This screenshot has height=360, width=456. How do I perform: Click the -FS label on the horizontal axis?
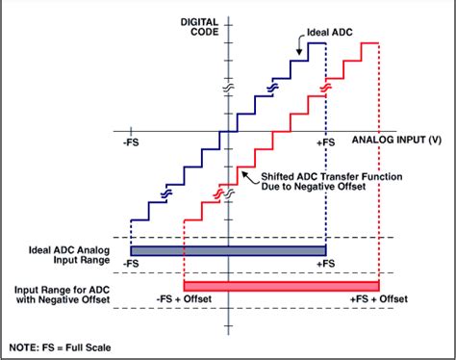point(131,141)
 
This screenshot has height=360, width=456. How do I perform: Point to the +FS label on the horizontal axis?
point(326,141)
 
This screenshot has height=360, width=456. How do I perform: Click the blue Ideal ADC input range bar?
point(228,250)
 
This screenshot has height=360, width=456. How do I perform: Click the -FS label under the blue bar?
point(131,263)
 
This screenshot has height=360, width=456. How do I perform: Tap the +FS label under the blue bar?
point(326,263)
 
